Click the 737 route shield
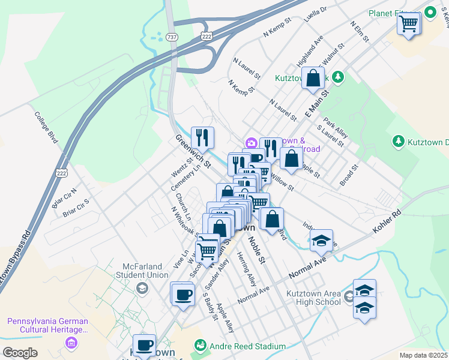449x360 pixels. tap(172, 37)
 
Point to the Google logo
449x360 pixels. tap(20, 353)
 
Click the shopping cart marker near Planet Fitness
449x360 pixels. tap(409, 25)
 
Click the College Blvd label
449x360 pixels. tap(46, 127)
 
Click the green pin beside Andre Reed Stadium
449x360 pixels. tap(200, 346)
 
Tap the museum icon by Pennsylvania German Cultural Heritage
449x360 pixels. tap(72, 343)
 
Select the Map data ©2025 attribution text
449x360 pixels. tap(423, 355)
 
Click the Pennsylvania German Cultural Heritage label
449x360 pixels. tap(47, 325)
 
